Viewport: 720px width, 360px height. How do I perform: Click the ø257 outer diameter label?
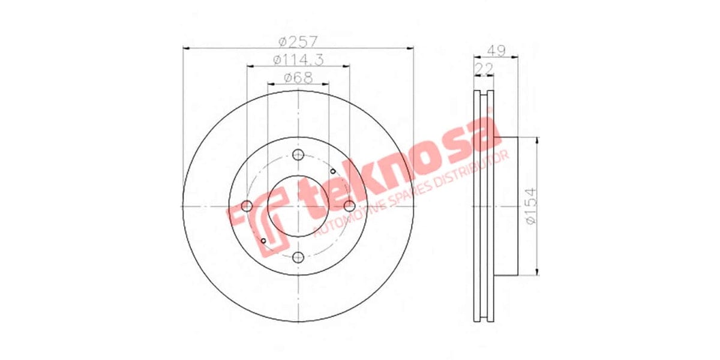[x=298, y=42]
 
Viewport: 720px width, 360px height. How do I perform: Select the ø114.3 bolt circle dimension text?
[x=298, y=60]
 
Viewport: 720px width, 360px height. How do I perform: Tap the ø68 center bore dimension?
[x=298, y=77]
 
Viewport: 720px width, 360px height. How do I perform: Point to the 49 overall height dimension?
[x=496, y=50]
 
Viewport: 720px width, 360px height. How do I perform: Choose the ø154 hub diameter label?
[x=529, y=206]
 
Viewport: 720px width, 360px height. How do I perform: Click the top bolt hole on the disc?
[x=298, y=155]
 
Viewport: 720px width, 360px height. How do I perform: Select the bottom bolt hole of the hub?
[x=298, y=258]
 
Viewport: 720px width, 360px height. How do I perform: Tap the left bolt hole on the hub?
[x=247, y=206]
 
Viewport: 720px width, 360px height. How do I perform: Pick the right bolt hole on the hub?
[x=350, y=206]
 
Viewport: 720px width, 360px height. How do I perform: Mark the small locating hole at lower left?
[x=263, y=241]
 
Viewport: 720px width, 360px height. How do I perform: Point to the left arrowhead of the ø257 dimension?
[x=185, y=48]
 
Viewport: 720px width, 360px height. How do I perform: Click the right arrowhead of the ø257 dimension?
[x=411, y=48]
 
